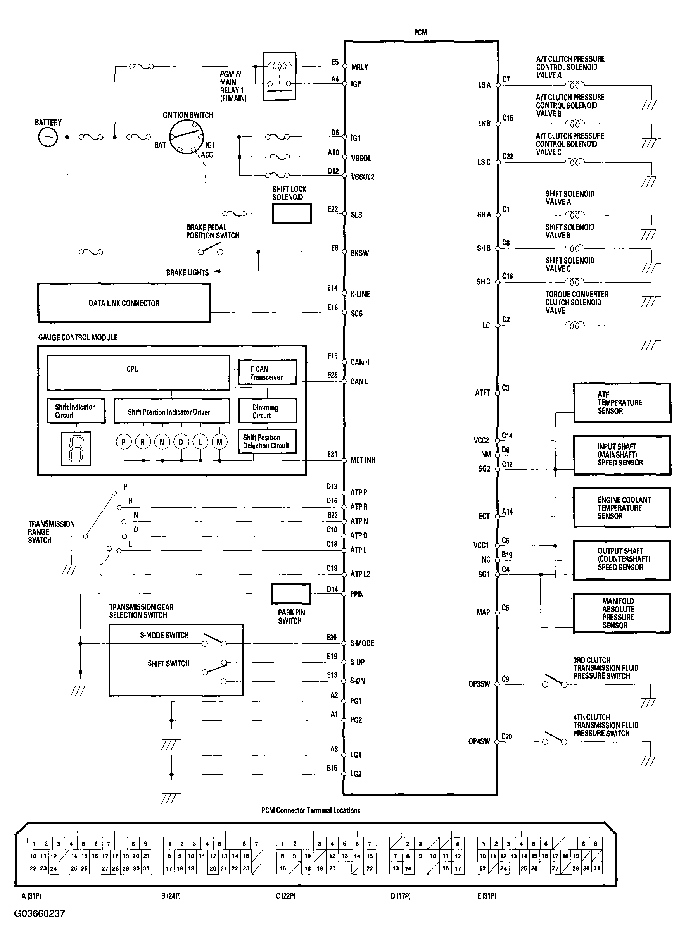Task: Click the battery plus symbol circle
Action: pos(48,137)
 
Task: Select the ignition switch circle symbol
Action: pos(187,137)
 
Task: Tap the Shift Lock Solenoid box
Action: pos(292,214)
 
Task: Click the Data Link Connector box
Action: pos(124,303)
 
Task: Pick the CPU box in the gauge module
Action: pos(138,372)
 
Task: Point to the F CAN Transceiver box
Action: pos(267,372)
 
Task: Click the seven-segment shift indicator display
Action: pos(76,448)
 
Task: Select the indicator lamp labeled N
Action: pos(162,442)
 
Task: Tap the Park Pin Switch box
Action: pos(291,594)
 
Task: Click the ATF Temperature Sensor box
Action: pos(622,403)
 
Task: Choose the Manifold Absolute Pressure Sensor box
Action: pos(622,613)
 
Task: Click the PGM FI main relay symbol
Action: pos(279,76)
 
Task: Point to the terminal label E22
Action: pos(333,209)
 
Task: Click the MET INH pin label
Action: pos(363,460)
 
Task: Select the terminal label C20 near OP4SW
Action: pos(506,736)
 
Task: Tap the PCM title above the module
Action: pos(421,33)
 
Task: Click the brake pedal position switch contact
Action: pos(210,250)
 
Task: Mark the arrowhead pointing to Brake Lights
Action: pos(216,272)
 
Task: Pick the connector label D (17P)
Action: pos(401,896)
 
